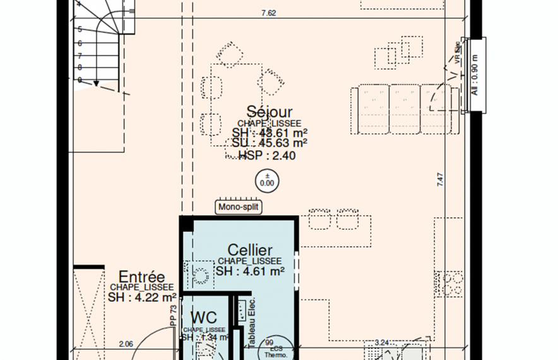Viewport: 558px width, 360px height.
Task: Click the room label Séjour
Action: pos(270,112)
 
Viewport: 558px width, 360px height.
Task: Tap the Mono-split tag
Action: pos(239,207)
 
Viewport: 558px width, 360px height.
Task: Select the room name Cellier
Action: pos(250,251)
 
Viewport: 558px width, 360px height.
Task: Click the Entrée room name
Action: pos(142,277)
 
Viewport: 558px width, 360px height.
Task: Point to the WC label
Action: pos(203,316)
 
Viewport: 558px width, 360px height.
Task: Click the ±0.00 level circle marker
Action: pos(267,180)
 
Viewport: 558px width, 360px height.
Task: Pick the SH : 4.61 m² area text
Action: pos(250,271)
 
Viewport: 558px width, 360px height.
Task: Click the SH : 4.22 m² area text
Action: pos(142,297)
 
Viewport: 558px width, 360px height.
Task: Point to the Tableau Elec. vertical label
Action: pos(251,323)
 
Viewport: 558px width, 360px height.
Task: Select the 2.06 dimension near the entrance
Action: pos(127,344)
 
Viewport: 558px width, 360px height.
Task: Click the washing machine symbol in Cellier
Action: pos(201,276)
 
